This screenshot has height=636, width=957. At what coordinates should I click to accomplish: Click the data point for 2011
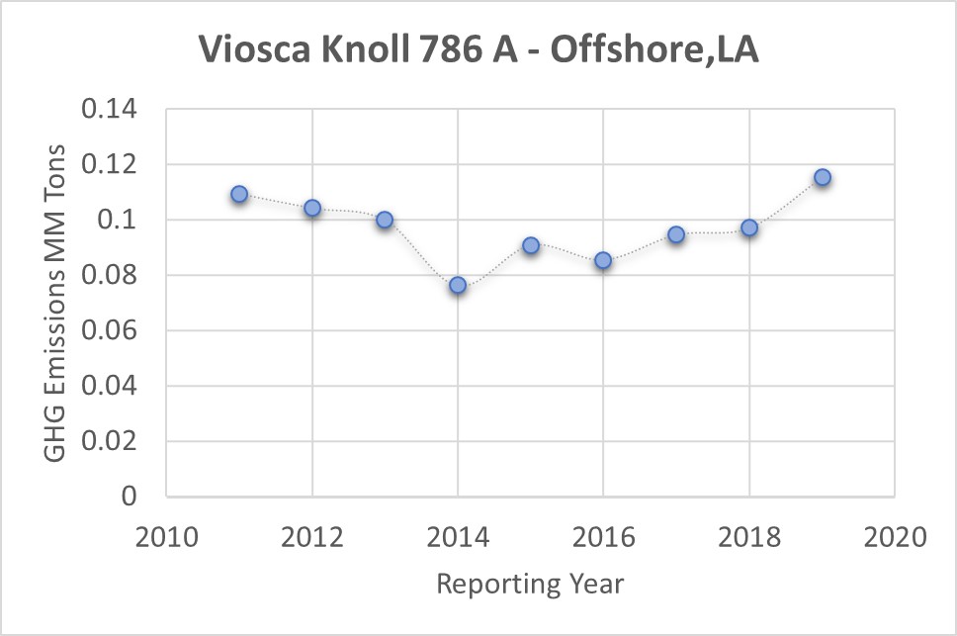coord(239,194)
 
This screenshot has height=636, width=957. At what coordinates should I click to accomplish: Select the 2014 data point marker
coord(458,285)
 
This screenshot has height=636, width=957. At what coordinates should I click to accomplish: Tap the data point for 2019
coord(822,178)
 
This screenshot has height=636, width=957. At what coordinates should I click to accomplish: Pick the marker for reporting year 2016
coord(603,261)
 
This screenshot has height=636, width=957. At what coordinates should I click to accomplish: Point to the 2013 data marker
coord(385,220)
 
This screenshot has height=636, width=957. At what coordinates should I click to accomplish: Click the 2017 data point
coord(676,234)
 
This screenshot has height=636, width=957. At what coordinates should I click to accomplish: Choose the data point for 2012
coord(312,208)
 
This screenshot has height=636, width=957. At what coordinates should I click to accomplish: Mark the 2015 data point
coord(531,245)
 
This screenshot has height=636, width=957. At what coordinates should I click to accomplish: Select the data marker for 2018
coord(749,227)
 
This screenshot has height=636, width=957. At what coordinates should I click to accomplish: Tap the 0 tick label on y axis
coord(130,497)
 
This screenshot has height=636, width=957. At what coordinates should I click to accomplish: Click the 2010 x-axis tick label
coord(167,537)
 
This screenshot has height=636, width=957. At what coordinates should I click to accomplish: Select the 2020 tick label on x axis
coord(895,537)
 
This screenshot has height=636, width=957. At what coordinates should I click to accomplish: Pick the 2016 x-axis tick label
coord(603,537)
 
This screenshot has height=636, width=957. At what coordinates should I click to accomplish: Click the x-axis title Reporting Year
coord(531,584)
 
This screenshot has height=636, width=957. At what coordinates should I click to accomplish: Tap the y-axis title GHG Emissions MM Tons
coord(57,303)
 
